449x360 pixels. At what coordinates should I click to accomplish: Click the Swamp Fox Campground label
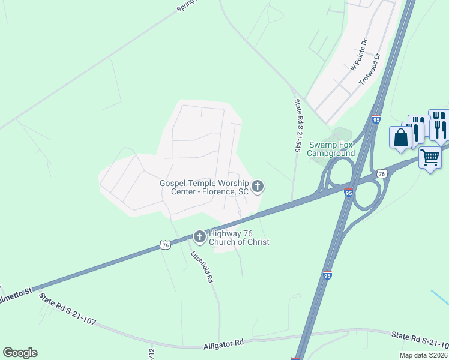point(331,149)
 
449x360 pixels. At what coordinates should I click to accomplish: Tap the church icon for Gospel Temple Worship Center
point(258,187)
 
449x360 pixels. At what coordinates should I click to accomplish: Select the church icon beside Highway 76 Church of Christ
point(200,238)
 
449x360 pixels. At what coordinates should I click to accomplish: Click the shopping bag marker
point(400,137)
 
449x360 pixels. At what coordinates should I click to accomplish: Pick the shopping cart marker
point(430,158)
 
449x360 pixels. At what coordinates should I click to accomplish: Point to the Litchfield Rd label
point(202,266)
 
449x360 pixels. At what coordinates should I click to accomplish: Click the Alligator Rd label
point(223,343)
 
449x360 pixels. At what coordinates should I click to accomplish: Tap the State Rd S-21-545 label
point(297,125)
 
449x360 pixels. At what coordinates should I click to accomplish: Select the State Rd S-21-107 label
point(67,310)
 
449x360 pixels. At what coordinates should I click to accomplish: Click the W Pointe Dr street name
point(358,56)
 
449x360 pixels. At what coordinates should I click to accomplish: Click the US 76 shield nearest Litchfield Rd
point(165,245)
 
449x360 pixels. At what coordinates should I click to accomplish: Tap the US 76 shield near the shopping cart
point(382,173)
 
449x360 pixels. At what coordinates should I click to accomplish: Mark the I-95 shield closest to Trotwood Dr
point(376,119)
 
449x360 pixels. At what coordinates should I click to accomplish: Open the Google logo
point(20,353)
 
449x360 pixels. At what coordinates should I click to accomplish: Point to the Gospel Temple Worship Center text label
point(204,187)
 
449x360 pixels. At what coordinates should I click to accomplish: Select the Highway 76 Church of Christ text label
point(238,238)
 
